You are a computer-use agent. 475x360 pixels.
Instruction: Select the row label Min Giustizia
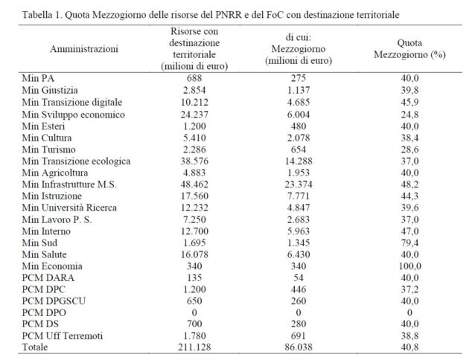tap(49, 89)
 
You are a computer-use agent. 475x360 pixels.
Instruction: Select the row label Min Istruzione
tap(51, 197)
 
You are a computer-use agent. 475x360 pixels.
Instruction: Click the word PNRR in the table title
tap(238, 14)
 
